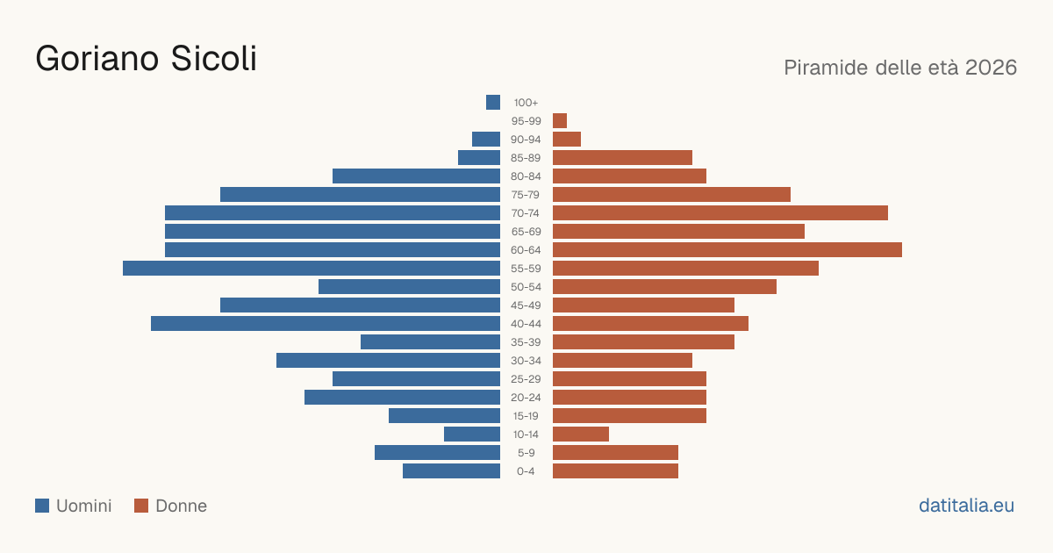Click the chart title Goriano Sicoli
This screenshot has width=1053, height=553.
(147, 58)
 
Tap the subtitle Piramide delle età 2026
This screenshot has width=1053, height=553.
(900, 68)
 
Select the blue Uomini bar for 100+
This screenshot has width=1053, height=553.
(493, 102)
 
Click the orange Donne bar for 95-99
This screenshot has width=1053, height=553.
(560, 121)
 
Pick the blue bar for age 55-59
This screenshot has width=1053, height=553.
(312, 268)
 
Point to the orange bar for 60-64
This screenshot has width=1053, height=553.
(727, 249)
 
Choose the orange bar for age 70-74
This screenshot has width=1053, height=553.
(720, 213)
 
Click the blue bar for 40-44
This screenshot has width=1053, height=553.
(326, 324)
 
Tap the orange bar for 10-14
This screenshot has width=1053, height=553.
(581, 434)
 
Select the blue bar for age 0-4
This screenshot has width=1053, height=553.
(451, 470)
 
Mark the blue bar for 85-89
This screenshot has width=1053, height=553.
(479, 157)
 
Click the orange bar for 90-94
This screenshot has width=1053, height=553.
(567, 140)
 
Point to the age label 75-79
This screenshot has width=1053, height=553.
(526, 195)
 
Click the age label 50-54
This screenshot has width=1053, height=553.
(526, 287)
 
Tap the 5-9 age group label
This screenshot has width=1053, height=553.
(526, 453)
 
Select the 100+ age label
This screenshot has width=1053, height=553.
(526, 103)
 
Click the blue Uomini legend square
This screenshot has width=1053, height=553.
(42, 506)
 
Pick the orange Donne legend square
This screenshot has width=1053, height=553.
(141, 506)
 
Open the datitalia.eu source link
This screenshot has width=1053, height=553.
(966, 506)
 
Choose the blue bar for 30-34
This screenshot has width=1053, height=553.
(388, 360)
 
